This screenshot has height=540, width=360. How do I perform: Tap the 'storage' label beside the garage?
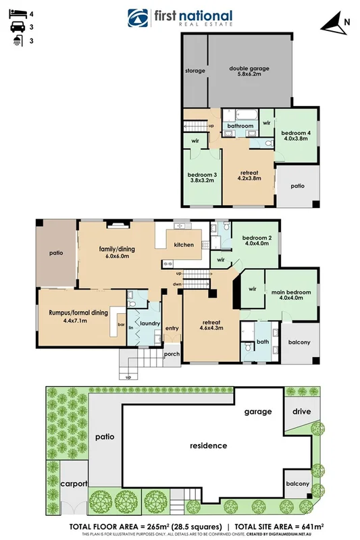coord(195,70)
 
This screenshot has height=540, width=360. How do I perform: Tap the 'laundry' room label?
coord(149,323)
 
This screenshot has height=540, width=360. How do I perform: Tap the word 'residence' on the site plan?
coord(208,446)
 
